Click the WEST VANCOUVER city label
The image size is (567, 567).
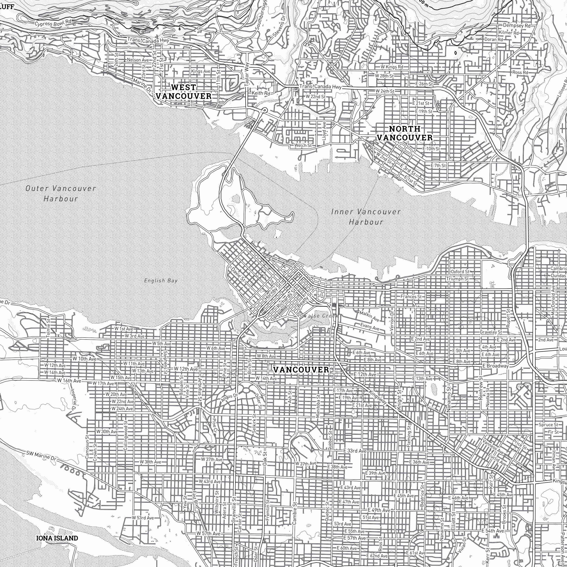[x=183, y=91]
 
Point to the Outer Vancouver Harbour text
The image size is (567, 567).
[x=61, y=193]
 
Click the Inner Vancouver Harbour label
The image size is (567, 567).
[x=366, y=217]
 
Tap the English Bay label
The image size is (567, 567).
[x=161, y=281]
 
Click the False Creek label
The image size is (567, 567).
[x=322, y=316]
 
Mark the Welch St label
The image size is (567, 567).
[x=303, y=145]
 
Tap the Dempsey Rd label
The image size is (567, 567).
[x=517, y=25]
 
